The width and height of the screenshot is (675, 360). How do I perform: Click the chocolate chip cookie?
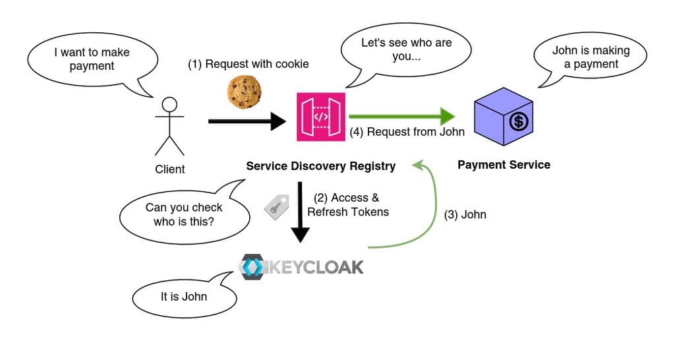245,92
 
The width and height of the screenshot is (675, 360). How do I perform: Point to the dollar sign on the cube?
519,122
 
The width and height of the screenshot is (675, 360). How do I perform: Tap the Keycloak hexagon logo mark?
250,266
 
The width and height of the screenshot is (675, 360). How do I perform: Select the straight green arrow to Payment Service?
402,116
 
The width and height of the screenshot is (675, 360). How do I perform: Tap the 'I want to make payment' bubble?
92,59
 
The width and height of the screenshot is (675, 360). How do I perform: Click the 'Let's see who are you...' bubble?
405,49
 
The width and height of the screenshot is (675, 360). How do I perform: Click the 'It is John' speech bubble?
184,297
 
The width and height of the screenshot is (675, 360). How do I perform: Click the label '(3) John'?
465,214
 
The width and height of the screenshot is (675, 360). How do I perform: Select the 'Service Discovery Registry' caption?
320,166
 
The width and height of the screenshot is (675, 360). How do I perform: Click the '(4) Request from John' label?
407,132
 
